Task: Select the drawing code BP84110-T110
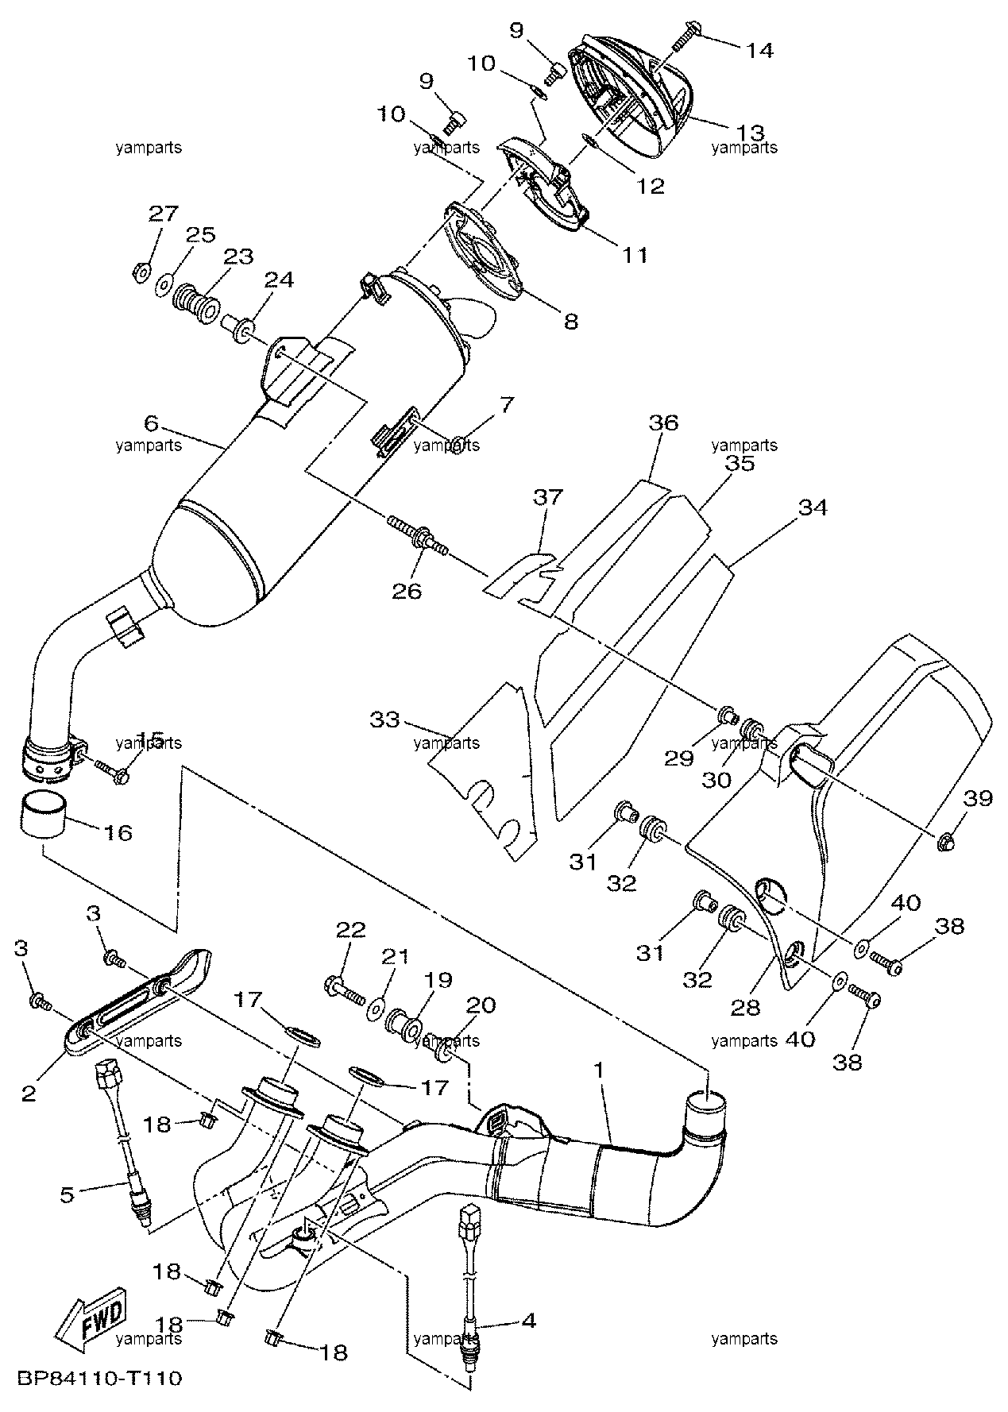98,1377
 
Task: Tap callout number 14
759,50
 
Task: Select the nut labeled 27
139,272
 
